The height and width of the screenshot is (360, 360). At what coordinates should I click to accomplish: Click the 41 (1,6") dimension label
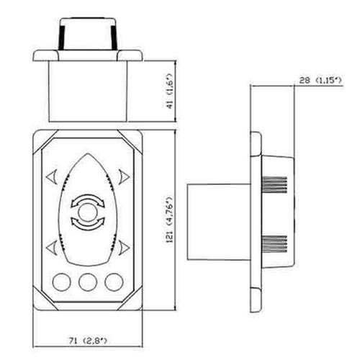pyautogui.click(x=171, y=94)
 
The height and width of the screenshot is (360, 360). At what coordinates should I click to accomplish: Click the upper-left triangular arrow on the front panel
pyautogui.click(x=51, y=175)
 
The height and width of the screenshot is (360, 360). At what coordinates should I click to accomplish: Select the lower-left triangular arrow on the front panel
pyautogui.click(x=51, y=247)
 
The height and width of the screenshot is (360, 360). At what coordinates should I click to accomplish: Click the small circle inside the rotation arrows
pyautogui.click(x=86, y=211)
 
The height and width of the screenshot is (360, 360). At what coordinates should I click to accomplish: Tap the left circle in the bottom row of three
pyautogui.click(x=61, y=282)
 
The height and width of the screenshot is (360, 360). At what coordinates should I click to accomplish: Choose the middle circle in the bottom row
pyautogui.click(x=86, y=282)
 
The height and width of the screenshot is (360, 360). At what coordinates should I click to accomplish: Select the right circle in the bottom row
pyautogui.click(x=112, y=282)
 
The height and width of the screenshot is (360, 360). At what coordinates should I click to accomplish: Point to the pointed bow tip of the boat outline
pyautogui.click(x=86, y=158)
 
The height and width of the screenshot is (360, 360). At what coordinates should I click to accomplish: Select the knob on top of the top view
pyautogui.click(x=86, y=34)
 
